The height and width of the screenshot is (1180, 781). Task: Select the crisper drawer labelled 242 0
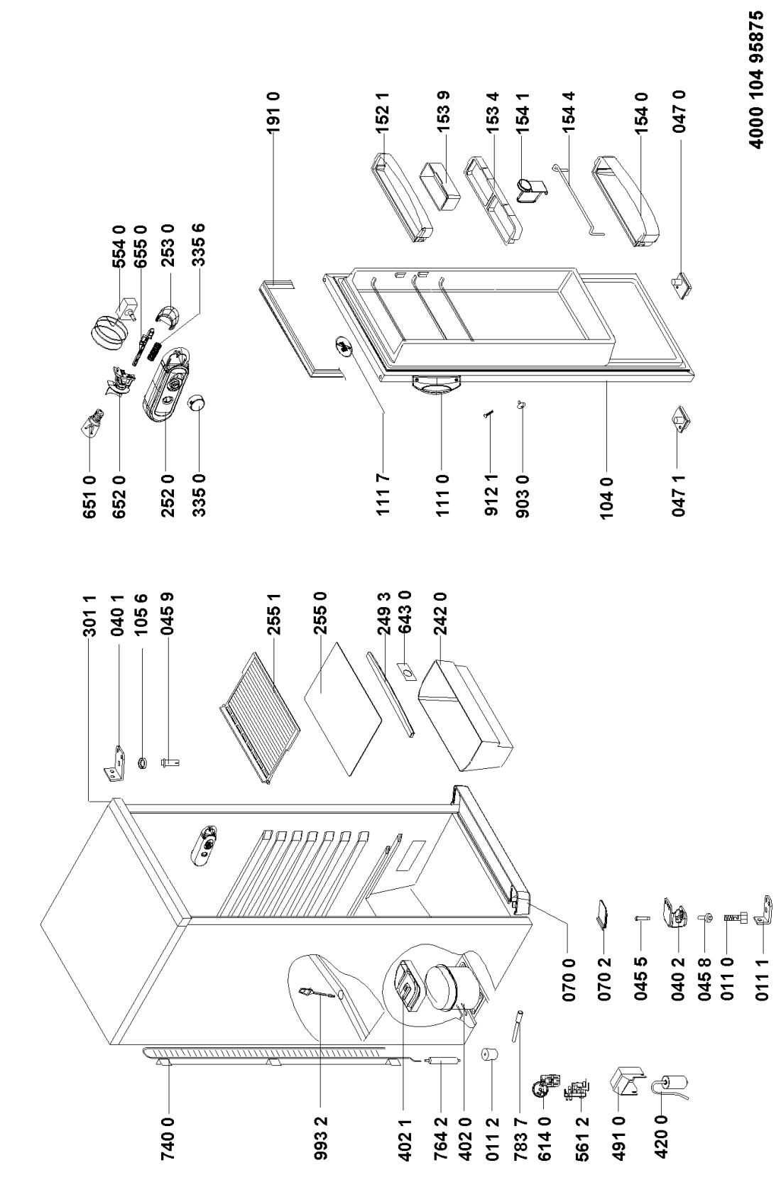click(x=465, y=717)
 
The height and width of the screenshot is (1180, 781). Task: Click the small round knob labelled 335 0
click(x=196, y=404)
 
